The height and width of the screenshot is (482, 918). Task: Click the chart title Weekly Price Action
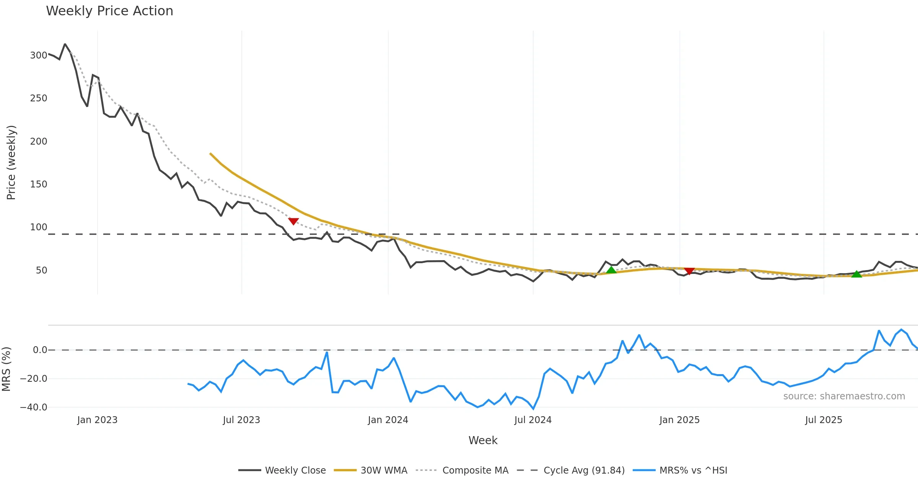109,11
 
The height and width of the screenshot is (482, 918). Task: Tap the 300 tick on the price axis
39,55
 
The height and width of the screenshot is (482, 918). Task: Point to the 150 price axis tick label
39,184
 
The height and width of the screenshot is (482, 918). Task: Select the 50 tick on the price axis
41,270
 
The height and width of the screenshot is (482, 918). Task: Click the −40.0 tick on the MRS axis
34,407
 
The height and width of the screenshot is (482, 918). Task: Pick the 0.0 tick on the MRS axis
40,350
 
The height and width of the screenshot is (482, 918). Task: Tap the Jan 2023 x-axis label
97,420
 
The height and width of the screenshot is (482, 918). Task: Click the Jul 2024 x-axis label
533,420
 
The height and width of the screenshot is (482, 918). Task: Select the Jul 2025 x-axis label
824,420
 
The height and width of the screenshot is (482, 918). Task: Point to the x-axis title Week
483,441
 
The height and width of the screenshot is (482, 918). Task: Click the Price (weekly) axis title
11,163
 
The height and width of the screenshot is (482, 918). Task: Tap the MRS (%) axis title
6,369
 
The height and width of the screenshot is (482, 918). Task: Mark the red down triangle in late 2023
293,221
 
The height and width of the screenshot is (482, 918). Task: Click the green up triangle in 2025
857,274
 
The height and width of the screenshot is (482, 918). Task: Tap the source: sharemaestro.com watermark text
844,396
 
